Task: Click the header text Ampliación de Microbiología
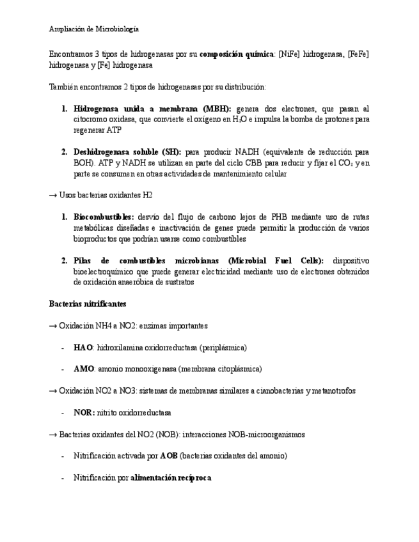(x=94, y=29)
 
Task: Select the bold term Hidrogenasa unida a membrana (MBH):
(x=152, y=109)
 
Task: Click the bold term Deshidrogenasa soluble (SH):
(x=127, y=152)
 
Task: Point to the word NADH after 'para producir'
(x=248, y=152)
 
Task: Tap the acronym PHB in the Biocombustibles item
(x=284, y=217)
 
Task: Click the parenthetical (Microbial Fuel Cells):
(x=276, y=261)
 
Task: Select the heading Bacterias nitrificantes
(x=88, y=304)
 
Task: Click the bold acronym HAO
(x=83, y=347)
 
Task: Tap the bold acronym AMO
(x=84, y=369)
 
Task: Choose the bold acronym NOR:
(x=84, y=412)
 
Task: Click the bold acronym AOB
(x=169, y=456)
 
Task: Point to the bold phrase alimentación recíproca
(x=171, y=477)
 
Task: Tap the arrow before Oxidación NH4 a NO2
(x=53, y=325)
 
